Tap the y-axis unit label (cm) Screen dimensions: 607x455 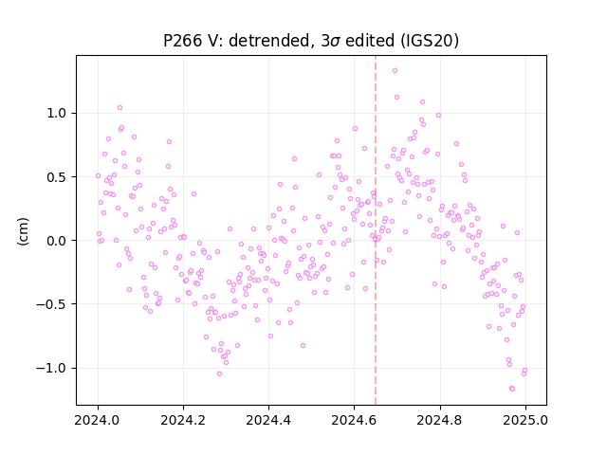click(x=23, y=231)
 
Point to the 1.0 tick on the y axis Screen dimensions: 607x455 click(x=57, y=114)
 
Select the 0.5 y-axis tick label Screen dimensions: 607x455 click(x=57, y=177)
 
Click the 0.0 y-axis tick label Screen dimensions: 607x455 click(x=57, y=241)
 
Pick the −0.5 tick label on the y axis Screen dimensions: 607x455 click(x=51, y=304)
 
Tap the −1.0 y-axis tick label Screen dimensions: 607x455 click(x=51, y=368)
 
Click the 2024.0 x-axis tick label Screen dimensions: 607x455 click(x=98, y=420)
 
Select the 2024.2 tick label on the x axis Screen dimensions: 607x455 click(x=183, y=420)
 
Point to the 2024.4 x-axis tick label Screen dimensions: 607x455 click(x=268, y=420)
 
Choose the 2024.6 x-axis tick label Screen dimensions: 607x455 click(x=354, y=420)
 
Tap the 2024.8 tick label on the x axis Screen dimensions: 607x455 click(x=439, y=420)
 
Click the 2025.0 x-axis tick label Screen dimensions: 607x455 click(x=525, y=420)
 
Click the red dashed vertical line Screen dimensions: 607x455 click(x=376, y=230)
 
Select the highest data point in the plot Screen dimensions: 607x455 click(x=395, y=71)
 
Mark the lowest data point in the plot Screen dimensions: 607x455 click(x=512, y=389)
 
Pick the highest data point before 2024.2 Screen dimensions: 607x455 click(x=120, y=107)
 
